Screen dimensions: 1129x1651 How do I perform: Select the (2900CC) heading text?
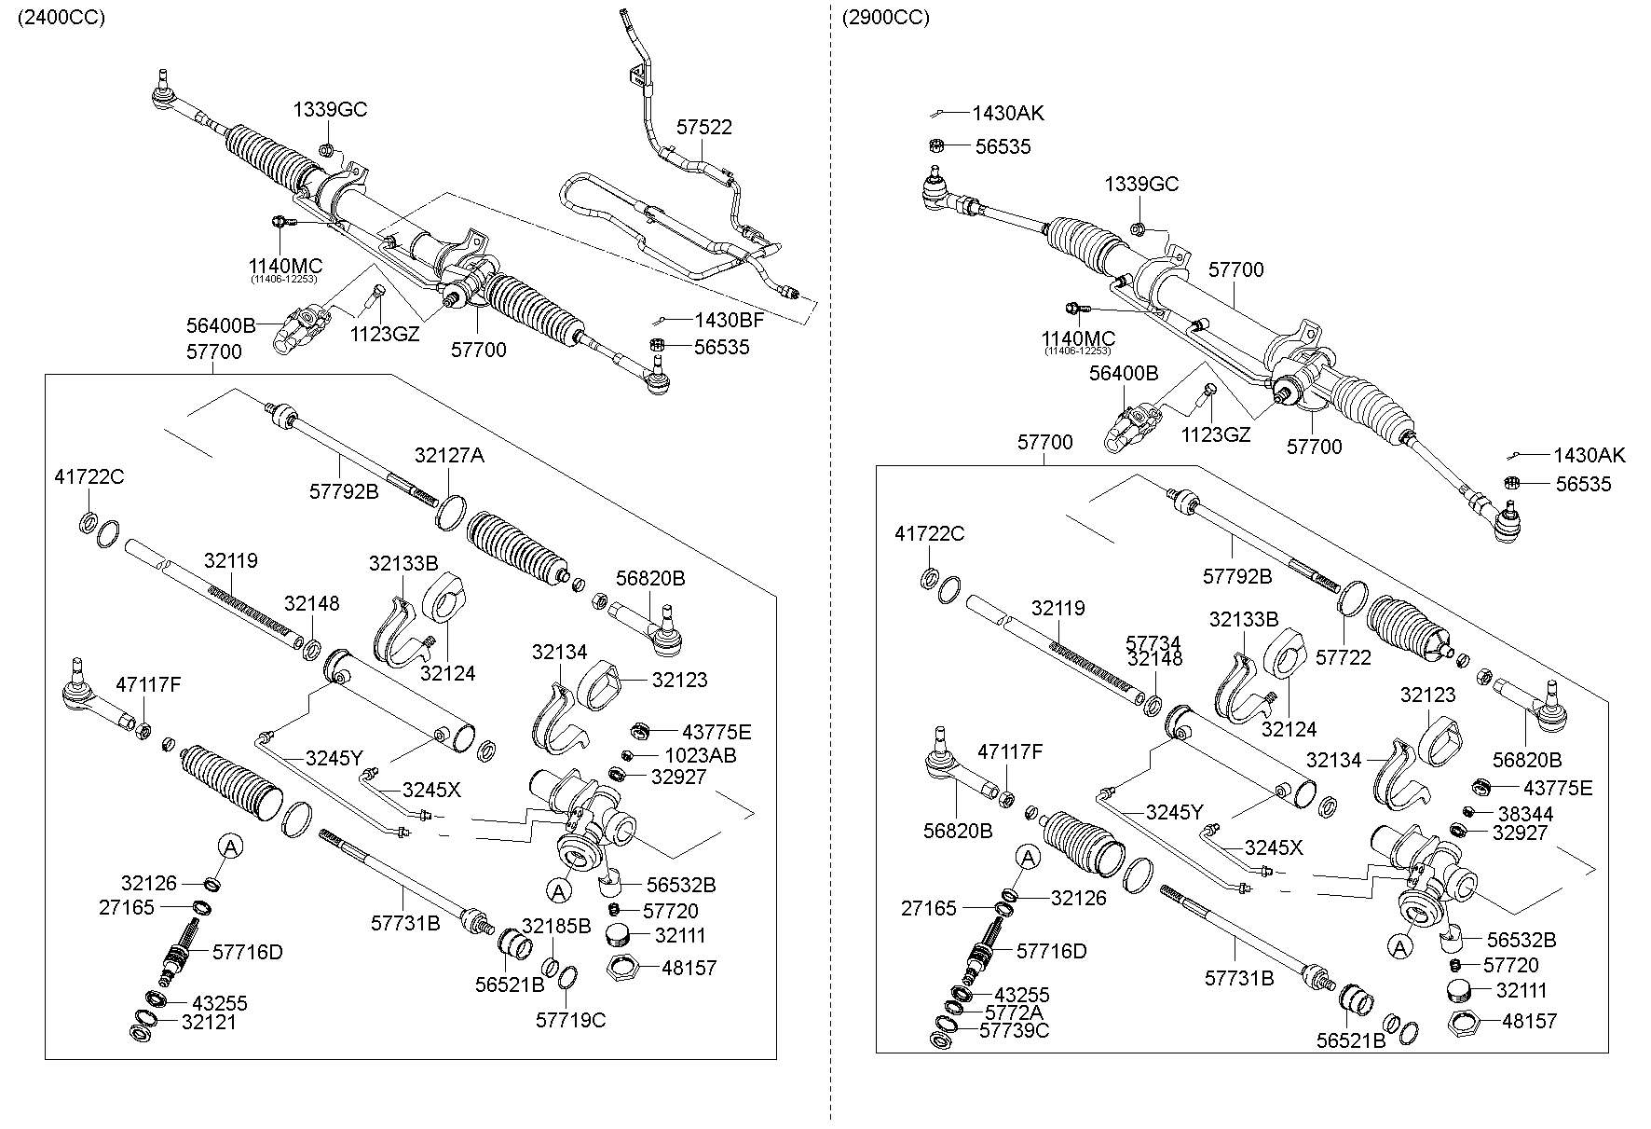point(885,18)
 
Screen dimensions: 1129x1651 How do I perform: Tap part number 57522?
point(703,127)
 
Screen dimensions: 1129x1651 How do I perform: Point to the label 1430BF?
point(729,320)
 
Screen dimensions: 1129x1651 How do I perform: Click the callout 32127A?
point(449,456)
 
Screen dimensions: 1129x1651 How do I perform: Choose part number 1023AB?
point(700,755)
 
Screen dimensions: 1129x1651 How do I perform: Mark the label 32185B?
point(556,926)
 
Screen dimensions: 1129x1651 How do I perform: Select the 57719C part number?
point(570,1020)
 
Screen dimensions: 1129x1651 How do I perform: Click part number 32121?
point(209,1022)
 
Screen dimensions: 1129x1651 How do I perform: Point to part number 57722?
point(1344,657)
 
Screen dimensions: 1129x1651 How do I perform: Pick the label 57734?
point(1153,643)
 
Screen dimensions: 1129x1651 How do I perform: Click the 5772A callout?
point(1014,1012)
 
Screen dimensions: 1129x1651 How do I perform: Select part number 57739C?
point(1014,1030)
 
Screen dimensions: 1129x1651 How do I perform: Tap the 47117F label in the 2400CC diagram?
point(148,685)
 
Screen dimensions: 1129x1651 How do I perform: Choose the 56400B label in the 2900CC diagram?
point(1124,373)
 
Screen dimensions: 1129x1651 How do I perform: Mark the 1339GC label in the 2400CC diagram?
point(331,109)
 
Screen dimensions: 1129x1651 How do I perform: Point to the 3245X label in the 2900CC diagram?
point(1274,847)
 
